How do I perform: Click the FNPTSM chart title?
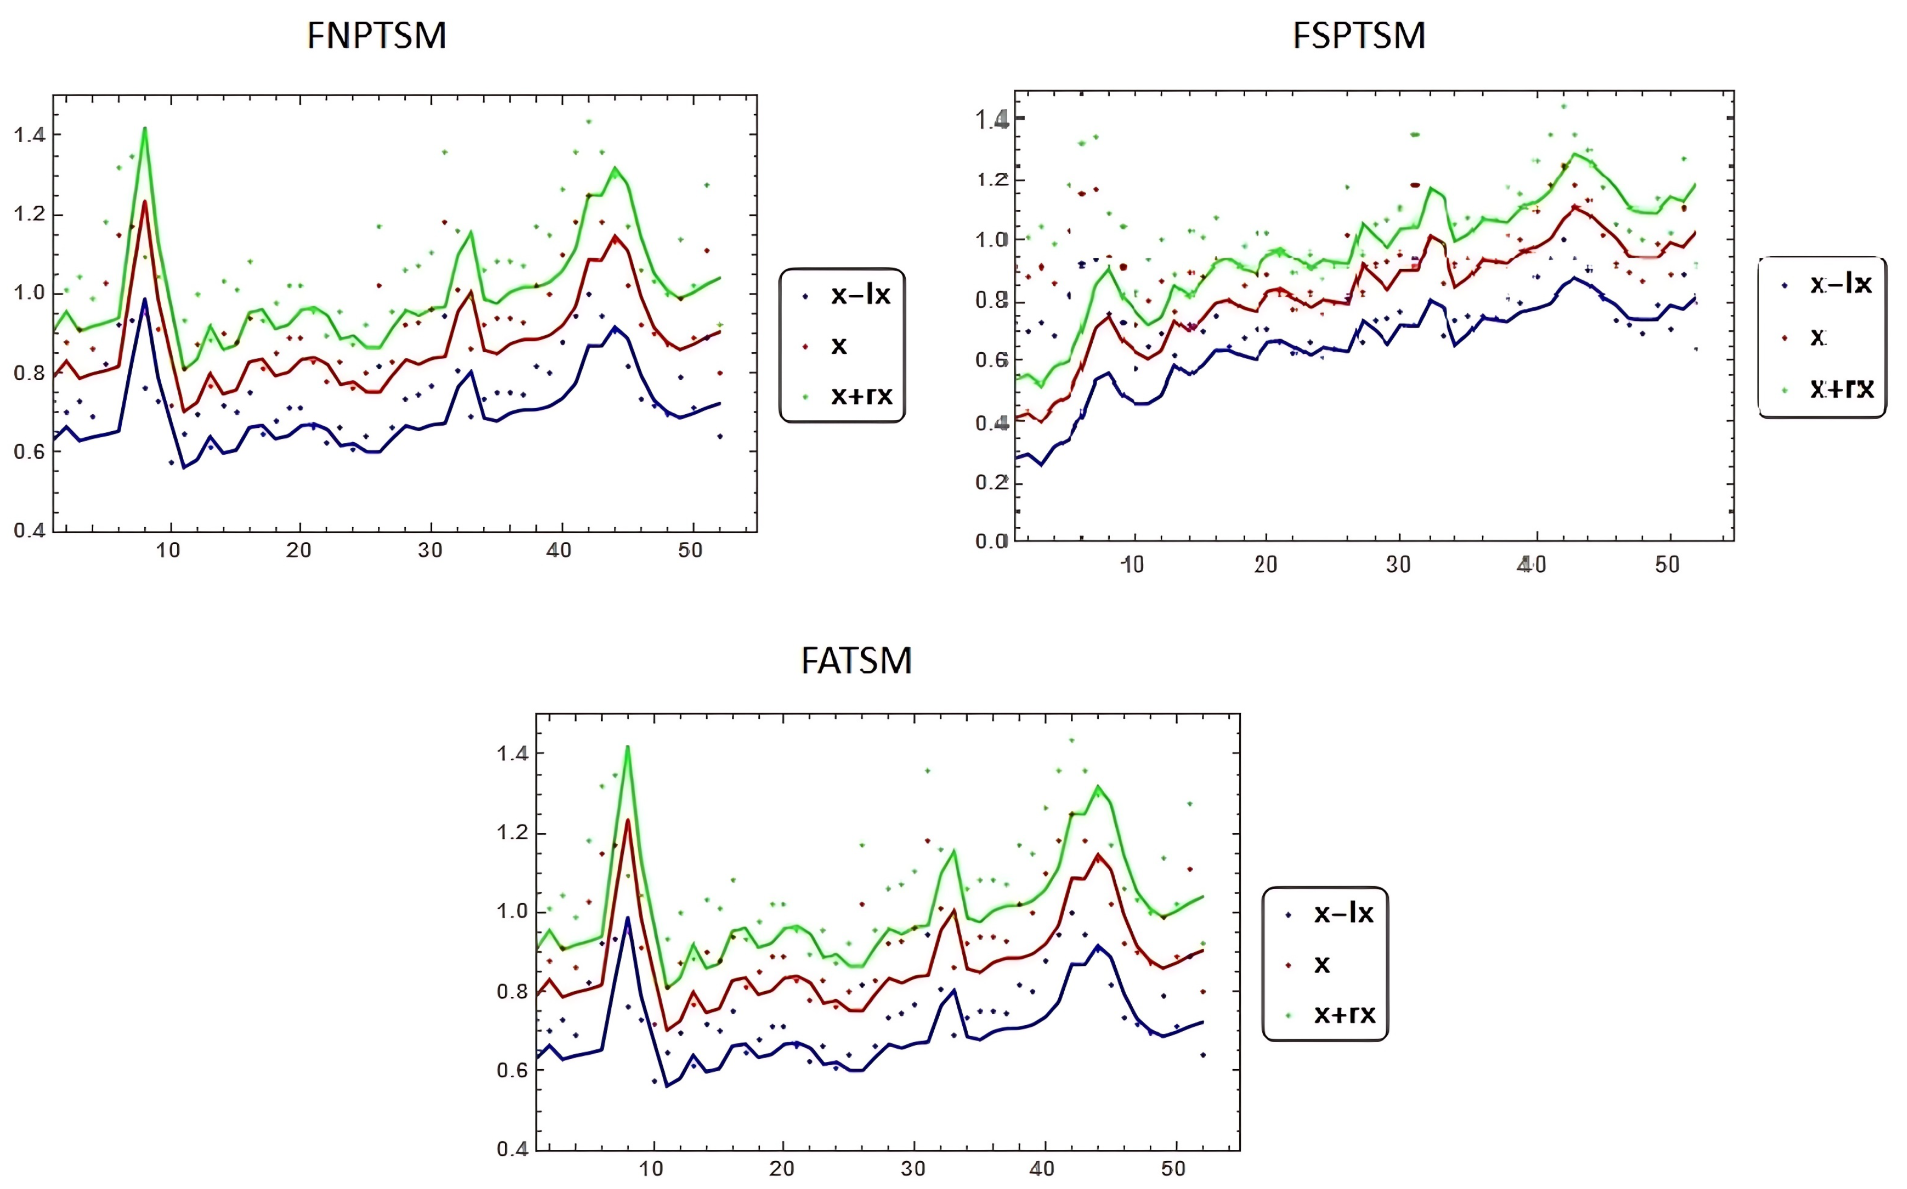[377, 36]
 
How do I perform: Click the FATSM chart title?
[857, 660]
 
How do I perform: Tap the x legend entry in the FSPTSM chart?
[1818, 337]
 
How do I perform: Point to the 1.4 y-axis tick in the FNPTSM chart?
[29, 135]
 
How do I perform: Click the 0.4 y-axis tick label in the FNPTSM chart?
[29, 530]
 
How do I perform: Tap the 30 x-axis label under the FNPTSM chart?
[429, 551]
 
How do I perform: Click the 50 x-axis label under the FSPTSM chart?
[1666, 565]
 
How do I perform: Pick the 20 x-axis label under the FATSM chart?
[781, 1169]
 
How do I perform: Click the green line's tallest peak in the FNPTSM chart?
[145, 128]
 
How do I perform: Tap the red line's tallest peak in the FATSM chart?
[628, 820]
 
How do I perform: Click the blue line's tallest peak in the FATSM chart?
[627, 918]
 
